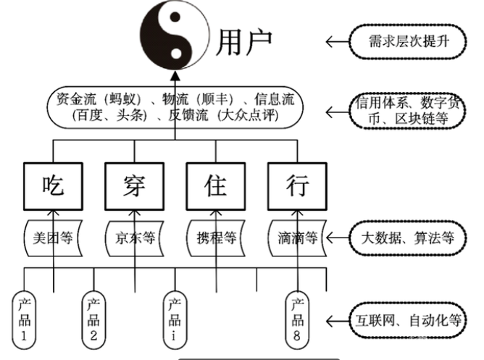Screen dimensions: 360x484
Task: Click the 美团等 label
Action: [x=55, y=236]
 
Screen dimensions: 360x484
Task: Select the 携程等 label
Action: [x=216, y=236]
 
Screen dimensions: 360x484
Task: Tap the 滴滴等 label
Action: [x=297, y=236]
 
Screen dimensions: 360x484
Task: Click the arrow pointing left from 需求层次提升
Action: [x=336, y=42]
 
